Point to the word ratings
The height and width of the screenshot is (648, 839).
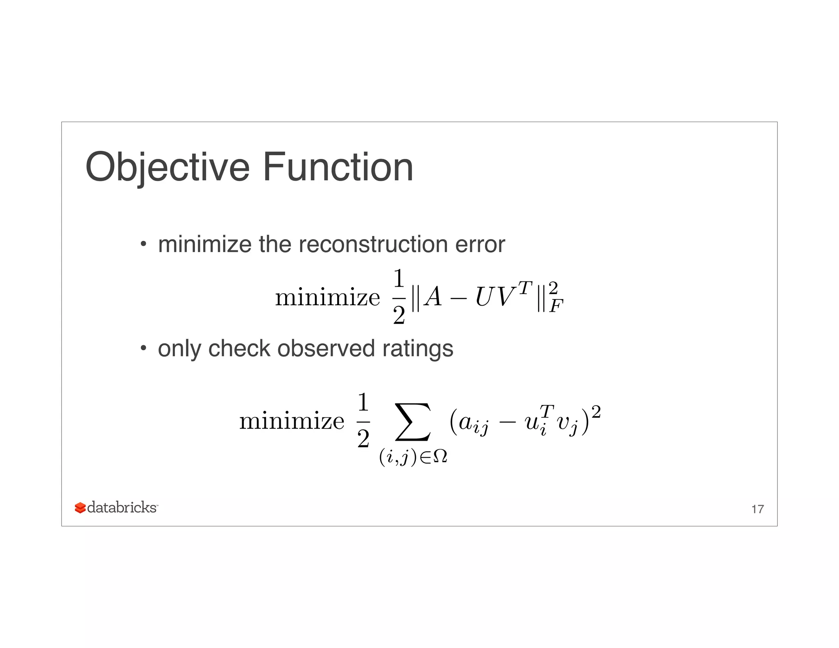coord(417,349)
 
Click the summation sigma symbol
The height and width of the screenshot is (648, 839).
coord(413,422)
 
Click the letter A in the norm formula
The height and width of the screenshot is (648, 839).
coord(433,297)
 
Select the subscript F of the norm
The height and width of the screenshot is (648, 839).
coord(556,306)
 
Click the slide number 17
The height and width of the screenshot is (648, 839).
coord(757,509)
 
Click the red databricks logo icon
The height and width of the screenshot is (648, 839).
coord(80,508)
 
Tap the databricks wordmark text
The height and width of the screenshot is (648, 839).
coord(122,508)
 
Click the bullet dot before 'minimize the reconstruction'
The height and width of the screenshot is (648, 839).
coord(143,245)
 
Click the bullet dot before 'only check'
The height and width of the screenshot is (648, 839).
coord(143,349)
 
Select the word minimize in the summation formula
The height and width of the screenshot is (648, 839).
coord(292,421)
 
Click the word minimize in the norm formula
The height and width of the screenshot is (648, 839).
coord(327,297)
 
